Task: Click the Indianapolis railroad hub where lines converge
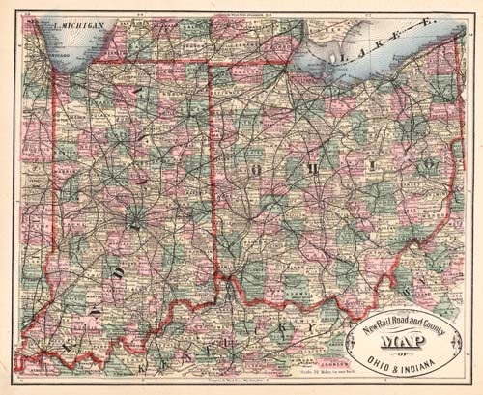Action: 134,224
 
